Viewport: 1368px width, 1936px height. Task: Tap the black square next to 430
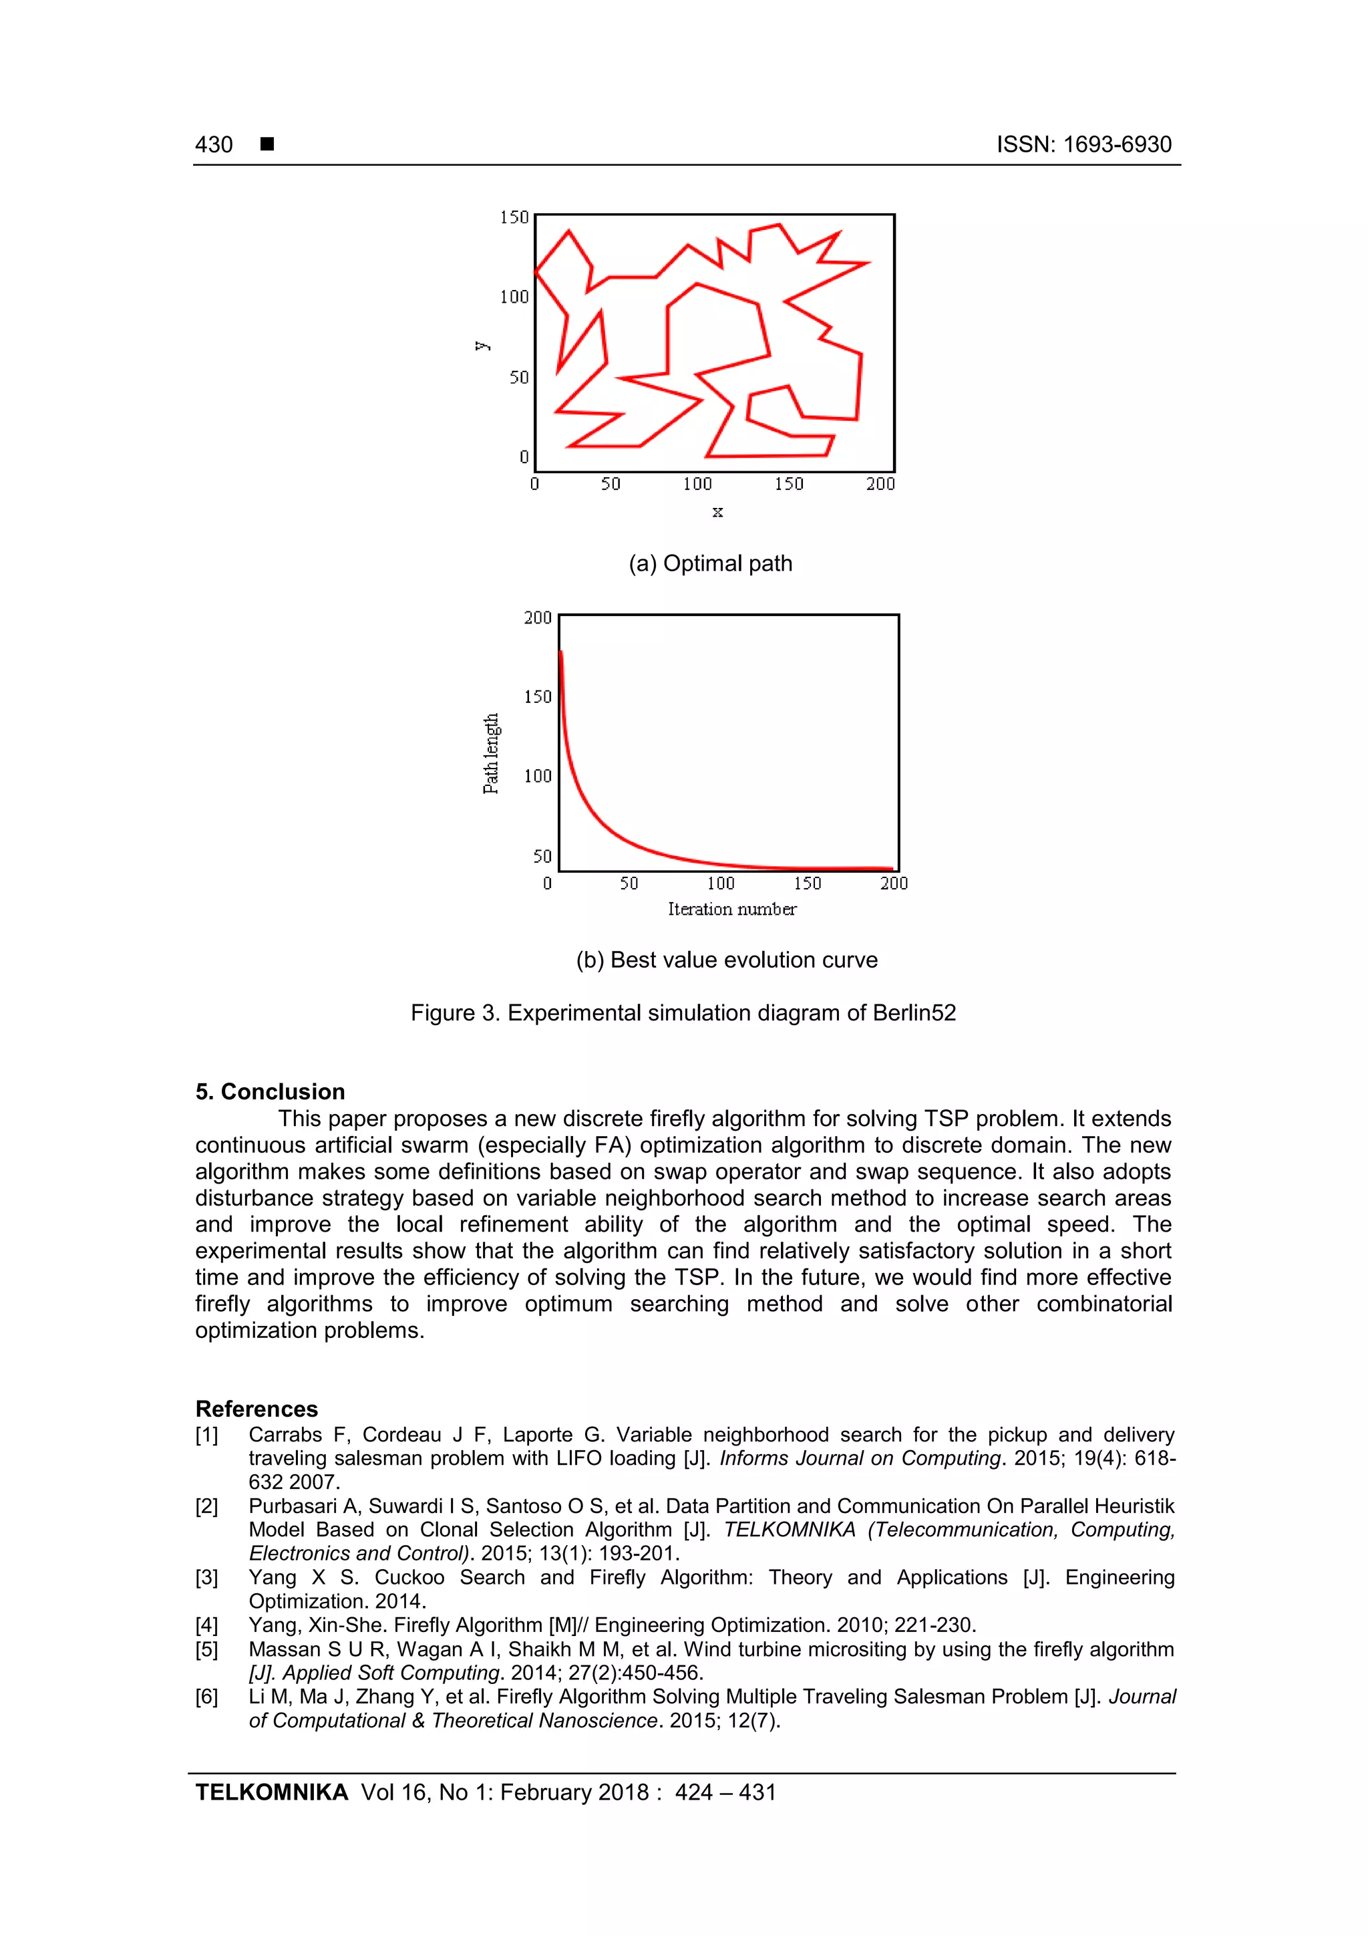pos(267,144)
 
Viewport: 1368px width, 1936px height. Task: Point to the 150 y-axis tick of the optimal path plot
pos(514,218)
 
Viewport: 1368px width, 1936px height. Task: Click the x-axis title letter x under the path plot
pos(717,512)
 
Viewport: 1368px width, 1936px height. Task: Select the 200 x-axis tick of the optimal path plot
pos(880,484)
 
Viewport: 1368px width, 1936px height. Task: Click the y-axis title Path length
pos(490,754)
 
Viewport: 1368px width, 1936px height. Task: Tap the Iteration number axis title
pos(731,909)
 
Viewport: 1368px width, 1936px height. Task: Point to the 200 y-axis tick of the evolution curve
pos(538,618)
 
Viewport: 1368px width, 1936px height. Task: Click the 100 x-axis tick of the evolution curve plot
pos(721,883)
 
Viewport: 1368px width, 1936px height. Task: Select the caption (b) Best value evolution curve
pos(727,960)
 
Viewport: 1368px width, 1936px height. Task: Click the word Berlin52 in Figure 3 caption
pos(914,1012)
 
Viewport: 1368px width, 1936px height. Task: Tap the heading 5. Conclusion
pos(270,1091)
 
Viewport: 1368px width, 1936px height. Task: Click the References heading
pos(256,1409)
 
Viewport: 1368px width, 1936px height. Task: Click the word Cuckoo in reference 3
pos(409,1578)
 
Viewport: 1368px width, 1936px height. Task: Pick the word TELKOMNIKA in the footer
pos(271,1793)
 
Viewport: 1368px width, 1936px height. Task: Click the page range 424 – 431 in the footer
pos(725,1793)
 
